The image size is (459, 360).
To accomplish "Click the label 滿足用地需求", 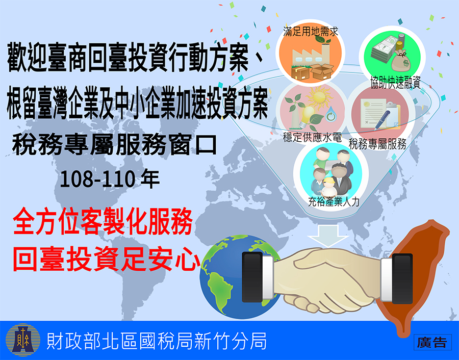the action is tap(311, 31).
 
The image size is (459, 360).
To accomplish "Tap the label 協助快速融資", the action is tap(395, 82).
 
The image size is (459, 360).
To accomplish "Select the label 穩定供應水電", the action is tap(312, 137).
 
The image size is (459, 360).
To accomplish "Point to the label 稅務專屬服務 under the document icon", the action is tap(377, 144).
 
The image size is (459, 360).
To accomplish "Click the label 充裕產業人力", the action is tap(334, 201).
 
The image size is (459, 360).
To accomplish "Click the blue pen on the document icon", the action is tap(382, 119).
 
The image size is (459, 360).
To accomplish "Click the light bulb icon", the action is tap(306, 116).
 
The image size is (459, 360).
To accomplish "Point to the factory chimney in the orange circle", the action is tap(325, 54).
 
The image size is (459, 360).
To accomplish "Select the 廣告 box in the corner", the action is tap(432, 342).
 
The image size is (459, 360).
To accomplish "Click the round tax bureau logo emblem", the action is tap(23, 340).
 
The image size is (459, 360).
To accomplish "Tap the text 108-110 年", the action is tap(110, 178).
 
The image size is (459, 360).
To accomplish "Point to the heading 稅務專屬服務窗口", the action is tap(114, 144).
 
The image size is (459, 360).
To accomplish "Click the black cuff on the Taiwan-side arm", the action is tap(402, 278).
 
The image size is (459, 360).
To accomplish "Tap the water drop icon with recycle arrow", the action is tap(331, 114).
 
